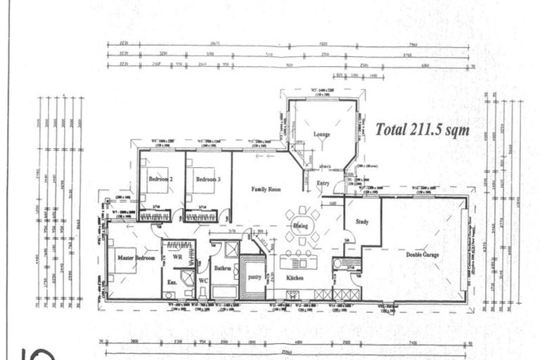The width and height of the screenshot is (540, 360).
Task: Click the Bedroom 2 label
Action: pyautogui.click(x=162, y=179)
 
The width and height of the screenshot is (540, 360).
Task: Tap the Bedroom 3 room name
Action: pyautogui.click(x=207, y=179)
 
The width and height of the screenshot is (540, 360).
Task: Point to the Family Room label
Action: pyautogui.click(x=266, y=189)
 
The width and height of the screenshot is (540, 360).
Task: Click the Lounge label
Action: pyautogui.click(x=321, y=134)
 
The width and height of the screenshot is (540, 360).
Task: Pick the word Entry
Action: pyautogui.click(x=323, y=184)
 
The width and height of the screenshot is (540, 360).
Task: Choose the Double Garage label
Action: pyautogui.click(x=422, y=254)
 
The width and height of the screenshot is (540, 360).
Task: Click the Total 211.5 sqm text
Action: pyautogui.click(x=422, y=130)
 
